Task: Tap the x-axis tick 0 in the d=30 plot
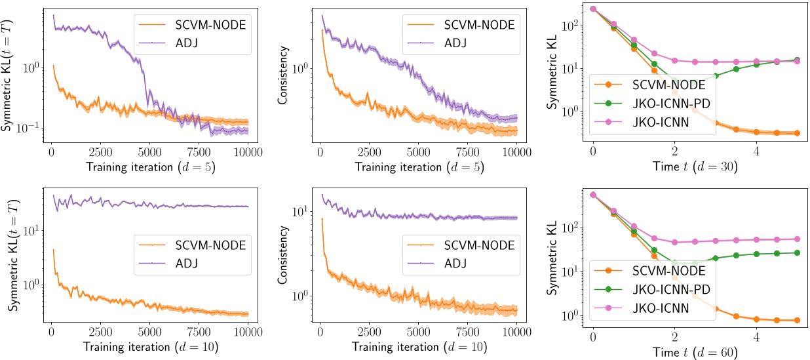[593, 153]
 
